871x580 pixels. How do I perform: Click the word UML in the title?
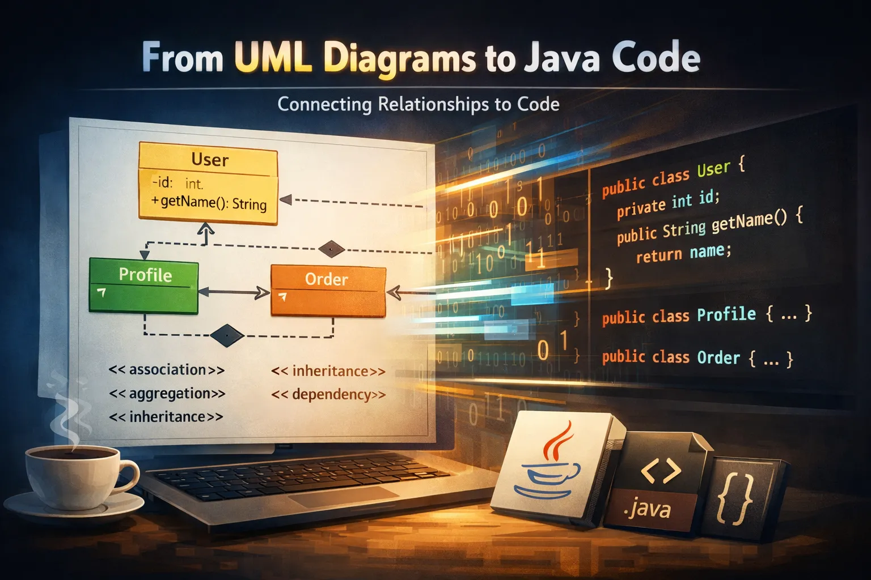[273, 58]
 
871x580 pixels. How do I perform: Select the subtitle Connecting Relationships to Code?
[418, 104]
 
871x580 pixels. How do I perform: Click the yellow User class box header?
[209, 160]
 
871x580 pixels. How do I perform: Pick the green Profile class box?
[144, 286]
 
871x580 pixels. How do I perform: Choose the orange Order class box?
[328, 290]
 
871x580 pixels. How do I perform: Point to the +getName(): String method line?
[209, 202]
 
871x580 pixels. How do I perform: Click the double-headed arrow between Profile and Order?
[234, 292]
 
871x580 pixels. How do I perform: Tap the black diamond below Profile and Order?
[227, 335]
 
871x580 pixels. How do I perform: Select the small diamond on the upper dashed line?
[331, 248]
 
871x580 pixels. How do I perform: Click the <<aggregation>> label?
[167, 393]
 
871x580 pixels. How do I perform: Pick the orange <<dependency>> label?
[328, 394]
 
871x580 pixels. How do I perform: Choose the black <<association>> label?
[167, 370]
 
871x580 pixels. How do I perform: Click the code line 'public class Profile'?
[707, 315]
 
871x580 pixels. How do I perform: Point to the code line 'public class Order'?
[697, 357]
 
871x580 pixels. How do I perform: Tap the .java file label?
[648, 508]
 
